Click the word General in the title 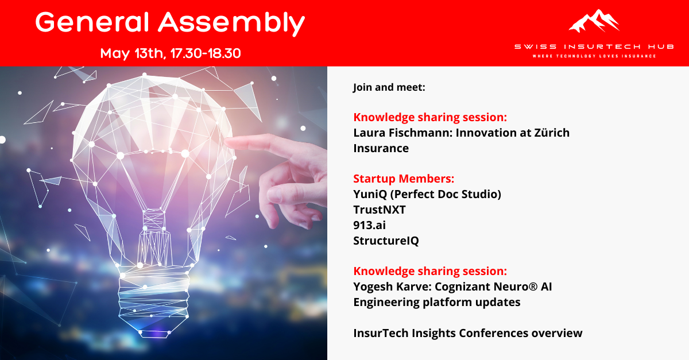92,22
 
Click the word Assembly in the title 231,24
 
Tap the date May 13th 130,53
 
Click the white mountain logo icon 594,21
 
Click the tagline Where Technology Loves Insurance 594,56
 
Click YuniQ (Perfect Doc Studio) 427,194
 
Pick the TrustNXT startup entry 380,210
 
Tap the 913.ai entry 369,225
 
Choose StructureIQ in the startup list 386,241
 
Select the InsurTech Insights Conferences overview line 467,332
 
